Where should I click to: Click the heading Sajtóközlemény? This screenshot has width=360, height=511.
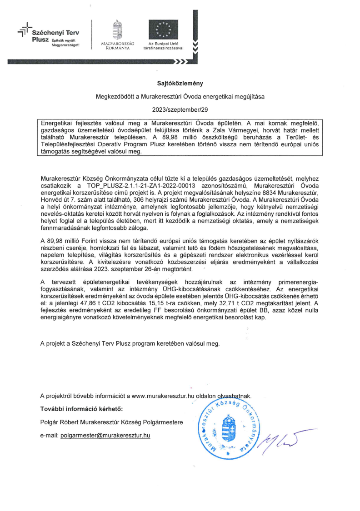(x=180, y=83)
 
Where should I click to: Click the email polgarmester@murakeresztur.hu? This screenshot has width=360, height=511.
(x=105, y=435)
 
